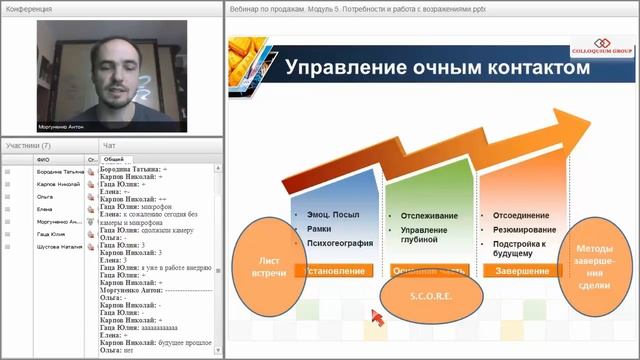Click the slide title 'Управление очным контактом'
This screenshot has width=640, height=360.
click(431, 68)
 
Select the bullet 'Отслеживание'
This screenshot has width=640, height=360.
click(429, 215)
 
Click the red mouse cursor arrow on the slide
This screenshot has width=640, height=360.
click(377, 317)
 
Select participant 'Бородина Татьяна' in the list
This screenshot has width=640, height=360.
click(58, 172)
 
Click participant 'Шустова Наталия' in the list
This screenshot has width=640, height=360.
click(58, 246)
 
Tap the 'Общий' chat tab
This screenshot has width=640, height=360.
click(113, 159)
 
